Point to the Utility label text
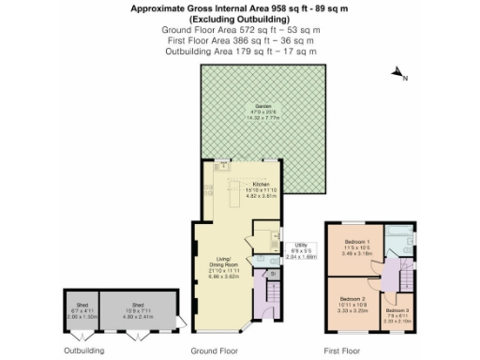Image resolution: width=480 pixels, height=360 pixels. (301, 247)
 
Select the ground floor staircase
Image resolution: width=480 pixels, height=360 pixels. (272, 300)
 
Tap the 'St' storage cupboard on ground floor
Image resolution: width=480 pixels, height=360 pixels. (273, 275)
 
